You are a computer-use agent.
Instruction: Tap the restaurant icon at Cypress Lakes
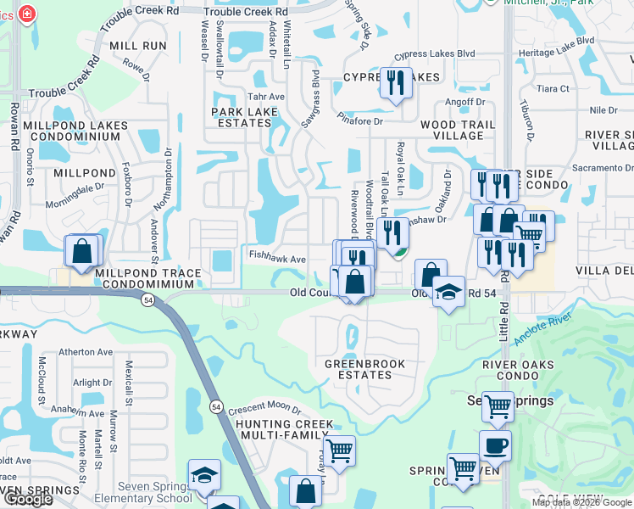click(x=395, y=83)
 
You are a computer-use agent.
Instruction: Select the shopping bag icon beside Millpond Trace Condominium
click(x=81, y=251)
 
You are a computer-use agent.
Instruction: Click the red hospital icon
click(x=27, y=14)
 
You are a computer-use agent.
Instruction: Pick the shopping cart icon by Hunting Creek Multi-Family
click(x=339, y=450)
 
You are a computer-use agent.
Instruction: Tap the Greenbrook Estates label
click(x=365, y=370)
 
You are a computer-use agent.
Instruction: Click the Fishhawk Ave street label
click(x=276, y=259)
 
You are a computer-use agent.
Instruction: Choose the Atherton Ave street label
click(x=85, y=352)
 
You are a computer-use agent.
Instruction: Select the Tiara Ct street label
click(x=553, y=88)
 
